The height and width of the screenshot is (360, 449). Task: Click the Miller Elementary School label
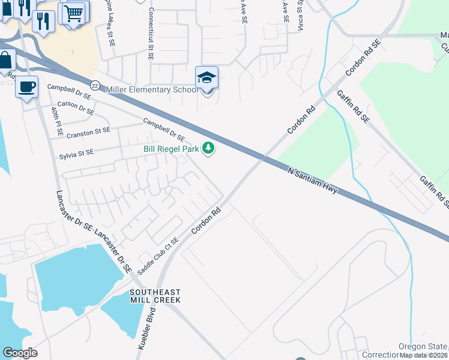151,89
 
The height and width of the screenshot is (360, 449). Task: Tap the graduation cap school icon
206,78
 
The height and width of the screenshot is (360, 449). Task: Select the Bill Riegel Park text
171,148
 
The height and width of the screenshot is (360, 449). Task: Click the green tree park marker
208,148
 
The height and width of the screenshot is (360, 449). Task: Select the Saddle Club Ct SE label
158,256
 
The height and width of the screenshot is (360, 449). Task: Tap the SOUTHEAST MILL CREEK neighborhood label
155,295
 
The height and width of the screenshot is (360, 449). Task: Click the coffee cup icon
26,87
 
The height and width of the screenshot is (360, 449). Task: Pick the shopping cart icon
74,13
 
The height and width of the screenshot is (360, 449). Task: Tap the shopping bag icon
6,61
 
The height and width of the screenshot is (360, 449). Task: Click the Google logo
20,353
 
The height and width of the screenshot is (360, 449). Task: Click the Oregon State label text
423,347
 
